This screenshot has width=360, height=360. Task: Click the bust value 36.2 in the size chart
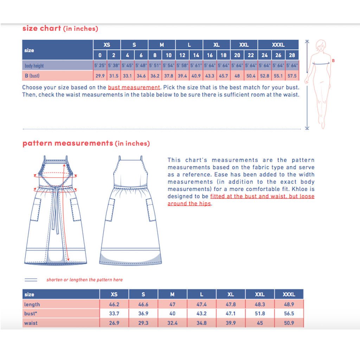point(155,76)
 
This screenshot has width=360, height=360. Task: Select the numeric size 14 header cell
point(196,55)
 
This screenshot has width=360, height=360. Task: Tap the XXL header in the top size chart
point(244,45)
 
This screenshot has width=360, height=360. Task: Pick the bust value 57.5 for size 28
point(292,76)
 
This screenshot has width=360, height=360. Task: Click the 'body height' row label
point(34,66)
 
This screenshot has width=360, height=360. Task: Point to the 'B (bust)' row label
point(32,76)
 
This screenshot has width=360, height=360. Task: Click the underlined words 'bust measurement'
point(134,88)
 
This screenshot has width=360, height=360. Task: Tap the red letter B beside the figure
point(333,60)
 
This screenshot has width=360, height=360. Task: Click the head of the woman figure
point(321,45)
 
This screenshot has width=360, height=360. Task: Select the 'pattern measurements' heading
point(68,143)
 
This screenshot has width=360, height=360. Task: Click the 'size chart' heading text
point(41,28)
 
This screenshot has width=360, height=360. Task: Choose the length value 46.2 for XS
point(114,304)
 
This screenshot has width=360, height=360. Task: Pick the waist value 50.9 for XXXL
point(289,323)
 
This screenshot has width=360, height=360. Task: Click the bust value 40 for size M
point(172,313)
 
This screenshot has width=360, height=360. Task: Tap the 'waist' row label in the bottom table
point(31,323)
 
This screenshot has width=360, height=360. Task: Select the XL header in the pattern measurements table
point(231,294)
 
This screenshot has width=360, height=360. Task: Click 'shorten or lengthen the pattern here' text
point(84,279)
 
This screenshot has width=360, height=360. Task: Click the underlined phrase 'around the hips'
point(189,204)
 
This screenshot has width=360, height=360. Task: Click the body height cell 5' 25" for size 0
point(100,65)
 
